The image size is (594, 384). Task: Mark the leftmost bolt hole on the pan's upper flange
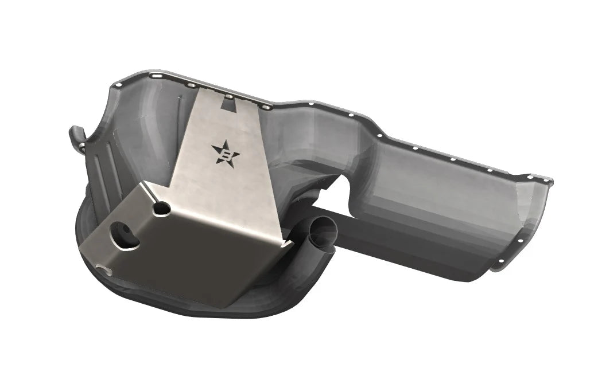119,85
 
